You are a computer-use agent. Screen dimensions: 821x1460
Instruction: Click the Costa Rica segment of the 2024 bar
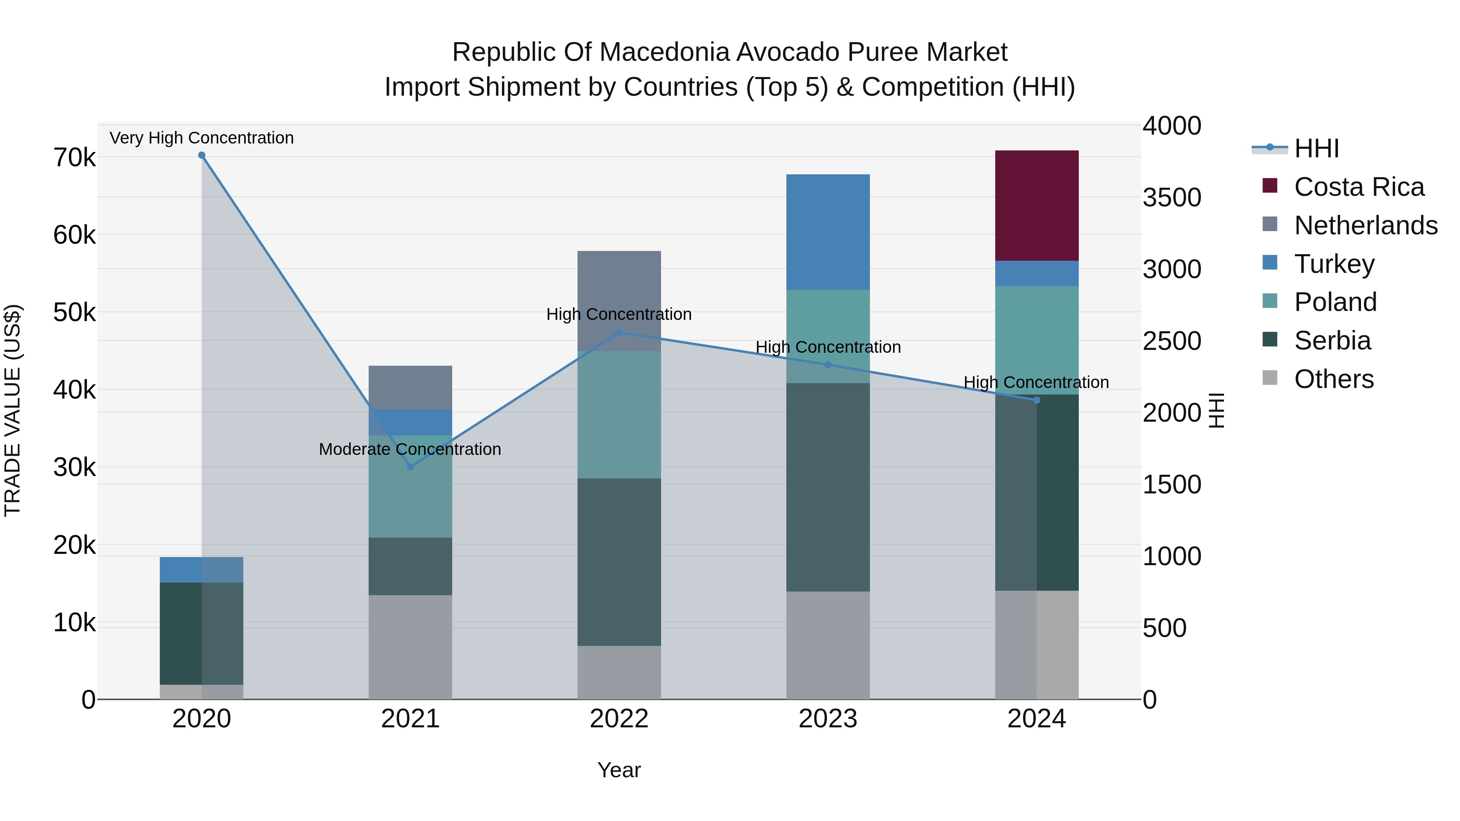click(1036, 205)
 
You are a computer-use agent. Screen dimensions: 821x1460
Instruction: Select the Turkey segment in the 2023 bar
click(827, 232)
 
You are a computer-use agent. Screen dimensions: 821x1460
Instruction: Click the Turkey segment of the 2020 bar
click(201, 570)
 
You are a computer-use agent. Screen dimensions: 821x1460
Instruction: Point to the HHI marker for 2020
click(202, 155)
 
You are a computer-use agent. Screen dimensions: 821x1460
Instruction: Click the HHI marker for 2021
click(410, 467)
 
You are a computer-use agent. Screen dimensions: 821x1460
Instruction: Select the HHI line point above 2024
click(1037, 400)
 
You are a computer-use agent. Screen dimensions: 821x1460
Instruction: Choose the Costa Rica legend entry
click(1359, 187)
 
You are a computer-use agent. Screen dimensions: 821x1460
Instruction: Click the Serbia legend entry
click(1332, 341)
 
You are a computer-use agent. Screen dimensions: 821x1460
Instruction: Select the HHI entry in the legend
click(1316, 148)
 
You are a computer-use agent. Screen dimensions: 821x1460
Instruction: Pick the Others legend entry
click(1333, 379)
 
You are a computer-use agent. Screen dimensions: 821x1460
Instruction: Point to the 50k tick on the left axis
click(74, 312)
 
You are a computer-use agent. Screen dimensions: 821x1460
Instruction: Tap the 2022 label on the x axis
click(619, 719)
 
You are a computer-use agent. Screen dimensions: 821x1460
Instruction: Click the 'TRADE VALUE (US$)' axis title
click(13, 410)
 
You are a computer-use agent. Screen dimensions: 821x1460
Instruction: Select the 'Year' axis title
click(619, 770)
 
